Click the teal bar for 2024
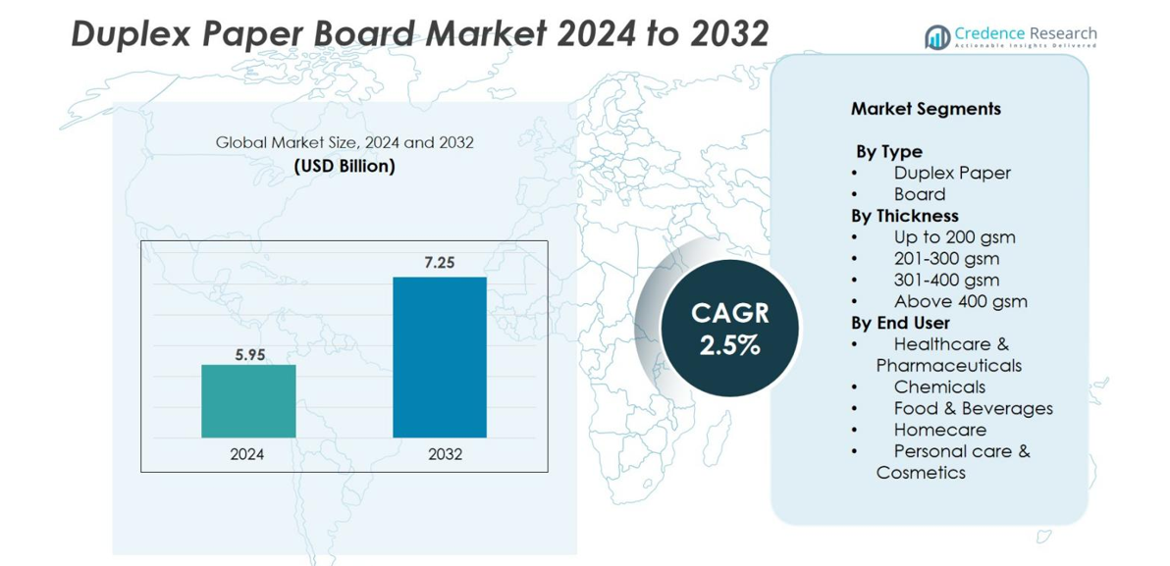[x=248, y=400]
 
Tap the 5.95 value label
[x=249, y=355]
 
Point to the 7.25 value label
[x=440, y=263]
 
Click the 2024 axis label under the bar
[x=247, y=454]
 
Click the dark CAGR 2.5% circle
[x=729, y=329]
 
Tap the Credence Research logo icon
[x=937, y=37]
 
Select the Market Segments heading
[x=926, y=109]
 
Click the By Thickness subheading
[x=904, y=216]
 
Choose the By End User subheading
[x=900, y=323]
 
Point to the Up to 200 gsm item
[x=954, y=237]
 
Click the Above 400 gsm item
[x=960, y=301]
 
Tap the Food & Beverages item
[x=973, y=408]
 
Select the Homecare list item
[x=939, y=430]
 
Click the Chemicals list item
[x=939, y=386]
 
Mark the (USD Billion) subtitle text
[x=345, y=166]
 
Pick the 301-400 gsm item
[x=946, y=280]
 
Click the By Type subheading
[x=888, y=152]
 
